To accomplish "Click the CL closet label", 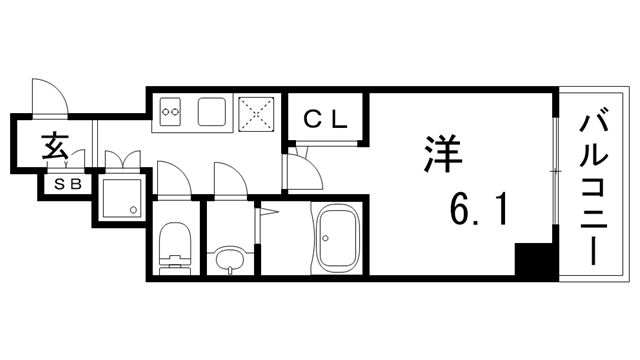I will point(325,119).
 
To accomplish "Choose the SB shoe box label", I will point(67,184).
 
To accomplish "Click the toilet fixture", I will point(176,247).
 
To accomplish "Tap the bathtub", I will point(335,240).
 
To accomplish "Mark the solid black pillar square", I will point(533,262).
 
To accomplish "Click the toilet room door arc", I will point(170,180).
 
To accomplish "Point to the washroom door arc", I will point(228,181).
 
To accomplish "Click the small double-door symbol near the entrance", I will point(121,158).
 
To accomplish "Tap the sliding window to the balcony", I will point(553,170).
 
